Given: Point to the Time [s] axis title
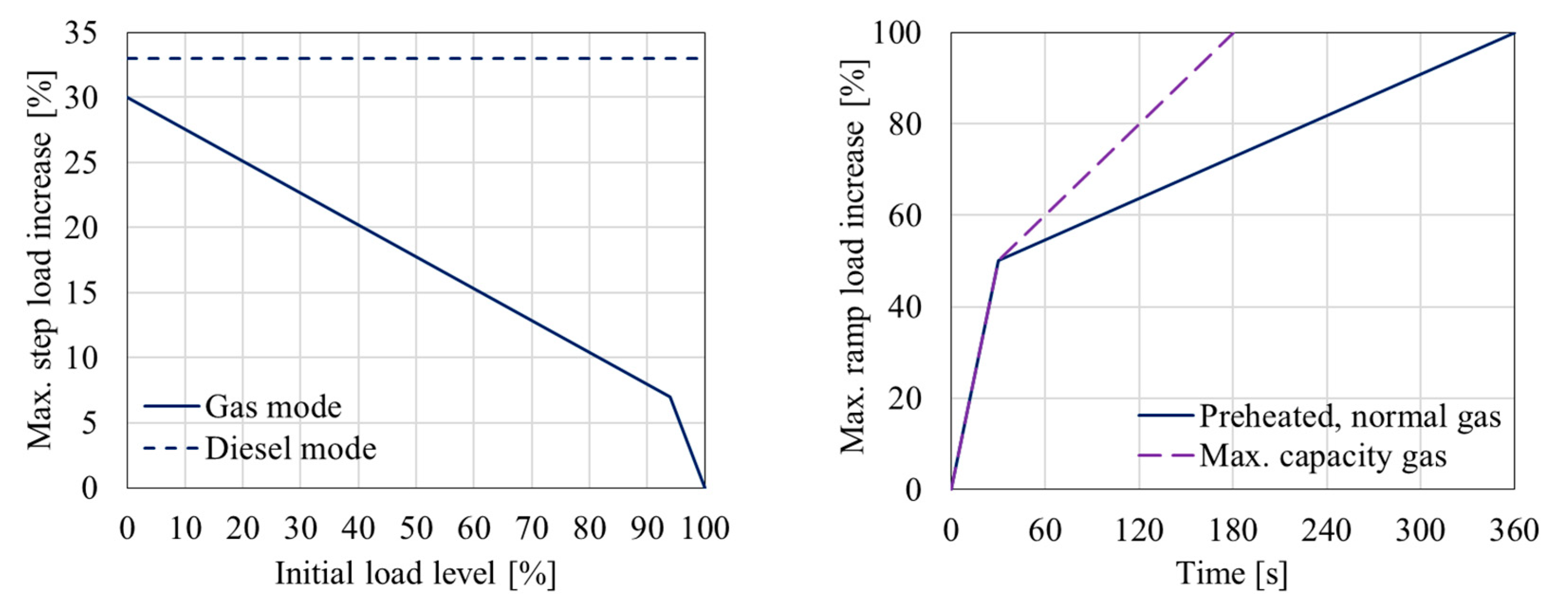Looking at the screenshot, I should (1232, 572).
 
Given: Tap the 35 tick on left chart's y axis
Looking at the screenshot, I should (81, 33).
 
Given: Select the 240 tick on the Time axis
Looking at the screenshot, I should (1327, 530).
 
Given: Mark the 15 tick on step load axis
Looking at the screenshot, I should (81, 293).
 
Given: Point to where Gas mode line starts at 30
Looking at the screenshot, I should (128, 98).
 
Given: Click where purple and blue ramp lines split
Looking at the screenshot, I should (998, 260).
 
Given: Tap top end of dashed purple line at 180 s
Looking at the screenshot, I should (1233, 33).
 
